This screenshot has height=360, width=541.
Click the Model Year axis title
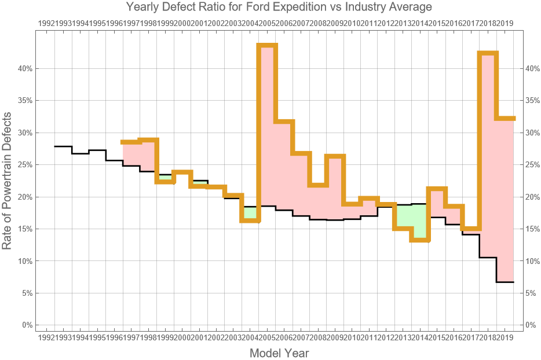279,353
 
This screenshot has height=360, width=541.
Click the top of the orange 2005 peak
267,45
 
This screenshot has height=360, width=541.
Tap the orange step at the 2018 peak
488,53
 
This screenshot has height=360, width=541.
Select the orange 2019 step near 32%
505,118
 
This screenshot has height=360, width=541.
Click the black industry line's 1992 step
63,146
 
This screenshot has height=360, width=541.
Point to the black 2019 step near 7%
505,282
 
